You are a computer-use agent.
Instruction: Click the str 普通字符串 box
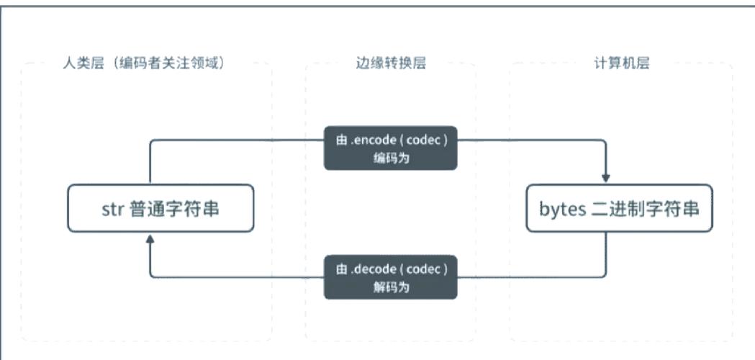161,208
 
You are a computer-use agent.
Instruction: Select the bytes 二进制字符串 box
619,208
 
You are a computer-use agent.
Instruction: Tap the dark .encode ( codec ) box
391,148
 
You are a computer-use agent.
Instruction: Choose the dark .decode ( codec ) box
391,277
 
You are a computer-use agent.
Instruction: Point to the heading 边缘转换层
391,63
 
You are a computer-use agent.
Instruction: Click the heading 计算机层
622,63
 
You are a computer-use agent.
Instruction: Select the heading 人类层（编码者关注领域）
144,63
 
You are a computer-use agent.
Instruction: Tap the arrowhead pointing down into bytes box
606,179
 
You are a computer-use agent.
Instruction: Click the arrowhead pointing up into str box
150,238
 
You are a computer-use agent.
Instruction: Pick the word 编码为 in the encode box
391,158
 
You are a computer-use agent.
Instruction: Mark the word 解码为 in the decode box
391,288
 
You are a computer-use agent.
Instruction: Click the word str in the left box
113,210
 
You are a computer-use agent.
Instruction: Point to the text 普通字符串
174,209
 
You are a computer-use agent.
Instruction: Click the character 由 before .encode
341,140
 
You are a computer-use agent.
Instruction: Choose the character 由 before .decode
341,269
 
